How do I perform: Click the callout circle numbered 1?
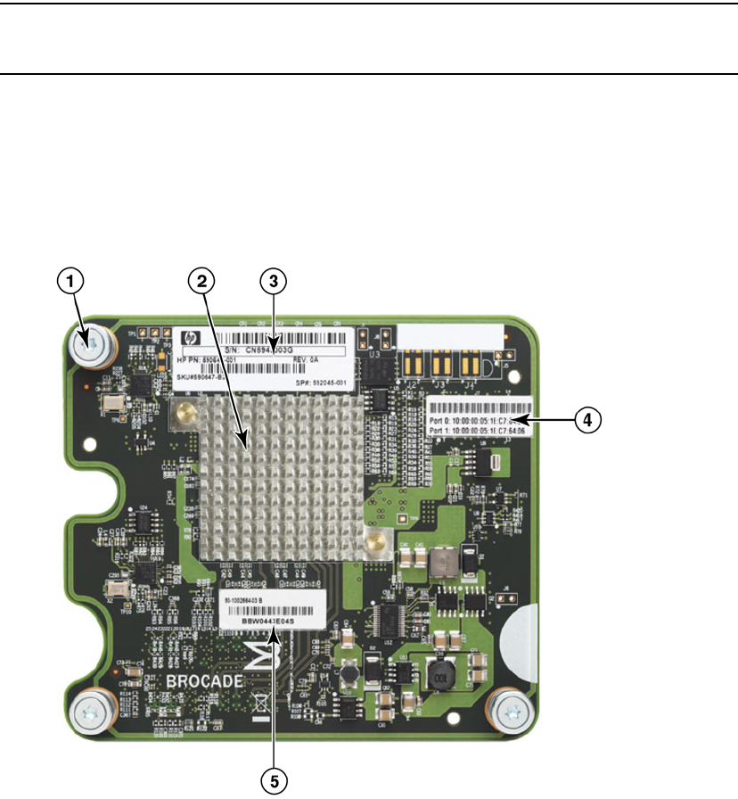(71, 281)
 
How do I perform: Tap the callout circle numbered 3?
(274, 281)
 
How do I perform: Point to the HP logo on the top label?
(188, 338)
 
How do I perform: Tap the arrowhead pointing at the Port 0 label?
(521, 418)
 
